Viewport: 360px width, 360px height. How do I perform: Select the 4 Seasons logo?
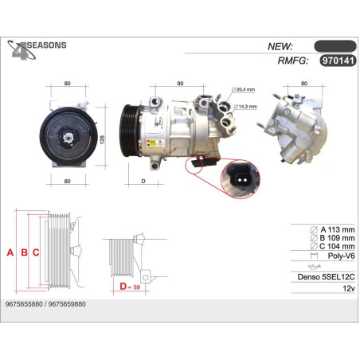coord(35,50)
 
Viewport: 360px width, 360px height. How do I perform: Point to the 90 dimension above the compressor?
coord(180,83)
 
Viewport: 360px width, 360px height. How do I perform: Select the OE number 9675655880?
coord(25,305)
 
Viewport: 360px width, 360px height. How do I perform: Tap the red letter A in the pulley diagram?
coord(10,253)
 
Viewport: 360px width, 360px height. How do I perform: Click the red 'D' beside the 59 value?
coord(123,286)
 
